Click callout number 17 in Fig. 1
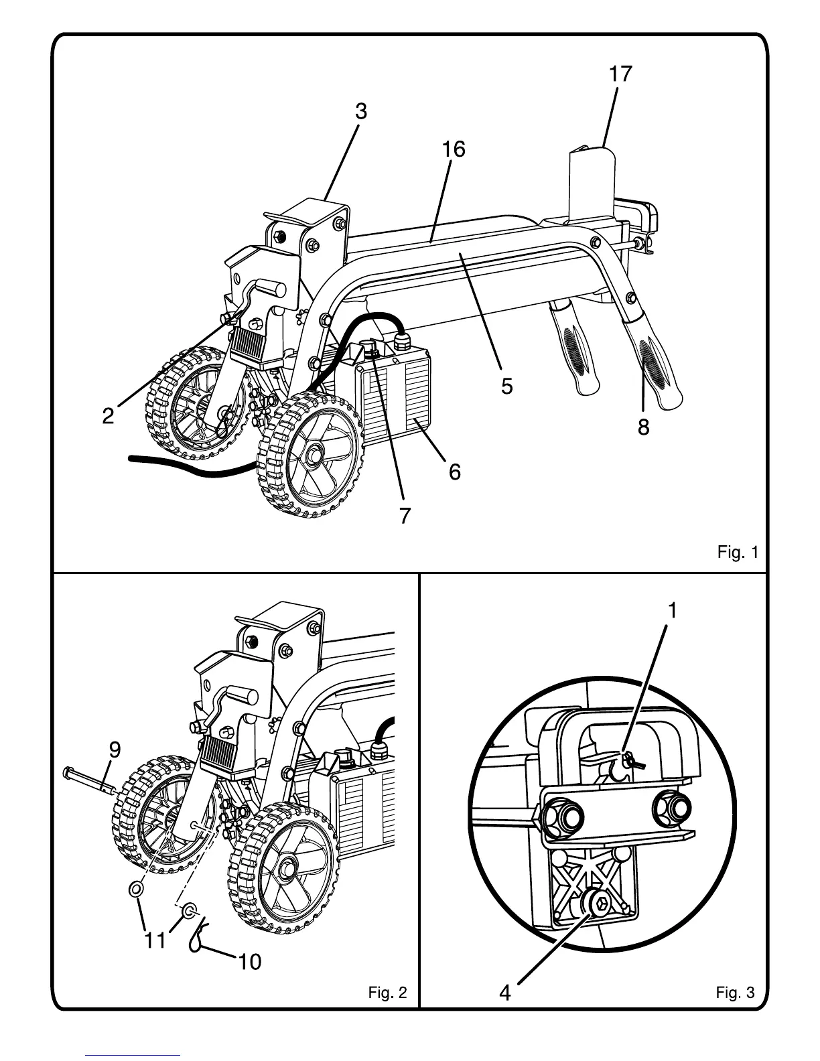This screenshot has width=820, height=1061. pos(620,74)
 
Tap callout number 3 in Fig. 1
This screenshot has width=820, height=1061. pos(361,112)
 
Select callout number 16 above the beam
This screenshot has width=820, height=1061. pos(454,149)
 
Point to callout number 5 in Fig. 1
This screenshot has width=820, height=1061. pos(506,386)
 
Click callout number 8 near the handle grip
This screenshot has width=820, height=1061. pos(643,427)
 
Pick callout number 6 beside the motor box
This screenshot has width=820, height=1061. pos(454,472)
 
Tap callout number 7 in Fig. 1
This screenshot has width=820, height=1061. pos(405,516)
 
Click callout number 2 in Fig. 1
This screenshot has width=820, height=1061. pos(109,417)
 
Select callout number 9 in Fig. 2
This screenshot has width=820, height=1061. pos(115,750)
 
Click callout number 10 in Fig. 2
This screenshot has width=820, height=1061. pos(249,962)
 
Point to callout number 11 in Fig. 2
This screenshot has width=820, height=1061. pos(155,940)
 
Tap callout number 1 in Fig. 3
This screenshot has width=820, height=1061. pos(672,610)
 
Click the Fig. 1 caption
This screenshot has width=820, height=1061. pos(738,553)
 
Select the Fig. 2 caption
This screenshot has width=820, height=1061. pos(387,992)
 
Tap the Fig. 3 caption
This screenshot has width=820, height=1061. pos(735,992)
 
